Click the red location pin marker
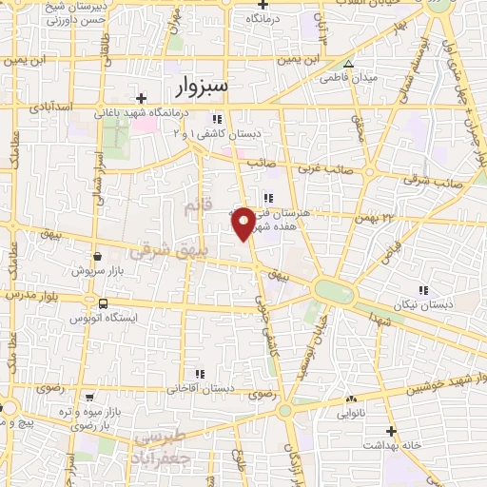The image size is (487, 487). coord(243,222)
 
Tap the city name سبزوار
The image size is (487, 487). coord(204,88)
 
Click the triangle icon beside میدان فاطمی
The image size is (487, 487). coord(349,64)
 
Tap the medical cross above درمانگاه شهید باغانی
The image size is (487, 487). coord(142,98)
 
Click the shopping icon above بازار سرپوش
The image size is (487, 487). coord(97,256)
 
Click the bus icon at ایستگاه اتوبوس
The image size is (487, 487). coord(102,303)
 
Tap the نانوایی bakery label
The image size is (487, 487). coord(352,414)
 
